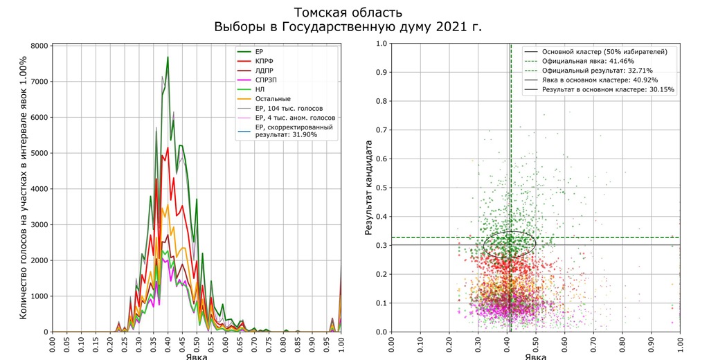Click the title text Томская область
point(348,12)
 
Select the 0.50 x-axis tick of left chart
point(197,345)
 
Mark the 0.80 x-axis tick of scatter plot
point(622,345)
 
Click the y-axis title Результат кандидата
point(369,187)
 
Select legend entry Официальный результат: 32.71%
point(597,71)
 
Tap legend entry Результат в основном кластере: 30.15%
point(608,89)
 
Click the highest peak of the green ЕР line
point(168,57)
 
